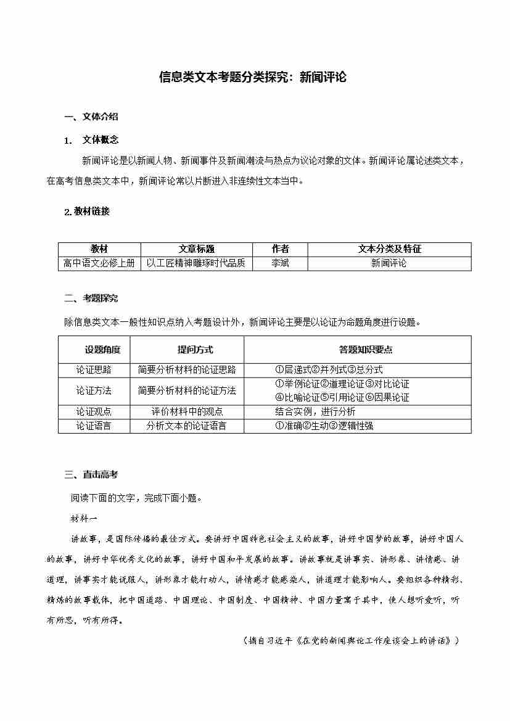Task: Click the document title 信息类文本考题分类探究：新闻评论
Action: [x=253, y=77]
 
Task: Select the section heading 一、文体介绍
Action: [x=91, y=117]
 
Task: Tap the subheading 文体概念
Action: [x=100, y=140]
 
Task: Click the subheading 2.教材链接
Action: [x=87, y=212]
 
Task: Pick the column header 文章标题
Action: [x=196, y=249]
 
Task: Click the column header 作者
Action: [x=280, y=249]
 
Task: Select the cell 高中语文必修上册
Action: [x=99, y=263]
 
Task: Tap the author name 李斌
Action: [x=280, y=263]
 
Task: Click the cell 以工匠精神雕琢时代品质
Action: [x=196, y=263]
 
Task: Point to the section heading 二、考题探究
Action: [x=91, y=299]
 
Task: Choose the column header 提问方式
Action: [x=195, y=350]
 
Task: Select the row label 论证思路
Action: [x=94, y=370]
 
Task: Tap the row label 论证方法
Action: [x=94, y=390]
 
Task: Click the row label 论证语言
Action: [x=94, y=426]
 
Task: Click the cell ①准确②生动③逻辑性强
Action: [x=324, y=426]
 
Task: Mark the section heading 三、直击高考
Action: [x=91, y=475]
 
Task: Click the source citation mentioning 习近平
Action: [x=351, y=641]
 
